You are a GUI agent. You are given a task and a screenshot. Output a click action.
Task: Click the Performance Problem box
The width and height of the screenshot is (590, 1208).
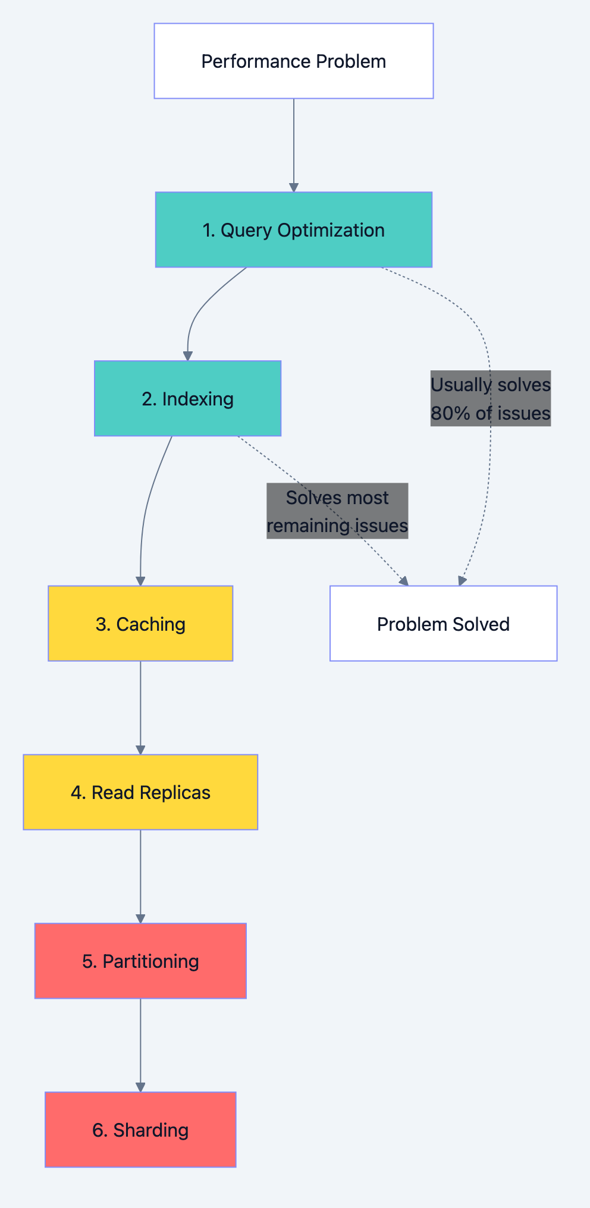click(294, 61)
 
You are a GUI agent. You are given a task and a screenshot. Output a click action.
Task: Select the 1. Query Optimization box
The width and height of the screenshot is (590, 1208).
click(294, 230)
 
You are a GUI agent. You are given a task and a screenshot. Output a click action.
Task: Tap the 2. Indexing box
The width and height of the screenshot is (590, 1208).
click(187, 398)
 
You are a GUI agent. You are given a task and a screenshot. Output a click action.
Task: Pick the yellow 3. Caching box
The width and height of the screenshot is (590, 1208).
click(140, 624)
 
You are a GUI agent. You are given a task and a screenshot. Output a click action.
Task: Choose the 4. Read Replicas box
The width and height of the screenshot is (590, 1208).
click(140, 792)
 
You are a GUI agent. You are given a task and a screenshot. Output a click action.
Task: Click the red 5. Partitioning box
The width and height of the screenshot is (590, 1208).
click(140, 961)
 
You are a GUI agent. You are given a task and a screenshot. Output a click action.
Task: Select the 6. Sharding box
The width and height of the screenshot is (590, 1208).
click(140, 1130)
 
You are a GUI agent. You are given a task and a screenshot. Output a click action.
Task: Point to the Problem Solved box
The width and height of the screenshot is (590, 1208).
click(443, 624)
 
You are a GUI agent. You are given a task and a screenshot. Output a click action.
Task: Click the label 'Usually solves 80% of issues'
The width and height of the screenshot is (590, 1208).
click(491, 398)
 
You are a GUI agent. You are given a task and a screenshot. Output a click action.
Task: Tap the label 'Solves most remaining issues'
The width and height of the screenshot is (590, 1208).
click(337, 511)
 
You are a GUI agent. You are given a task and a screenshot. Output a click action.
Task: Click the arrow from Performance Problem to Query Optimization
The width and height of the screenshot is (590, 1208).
click(294, 146)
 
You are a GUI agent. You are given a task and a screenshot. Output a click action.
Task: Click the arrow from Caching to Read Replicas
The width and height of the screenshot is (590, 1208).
click(140, 707)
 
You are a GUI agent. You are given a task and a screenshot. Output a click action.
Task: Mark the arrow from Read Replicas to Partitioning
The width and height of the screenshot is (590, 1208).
click(140, 876)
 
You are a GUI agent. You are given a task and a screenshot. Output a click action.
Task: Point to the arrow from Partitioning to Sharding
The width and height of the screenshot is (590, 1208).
click(140, 1045)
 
